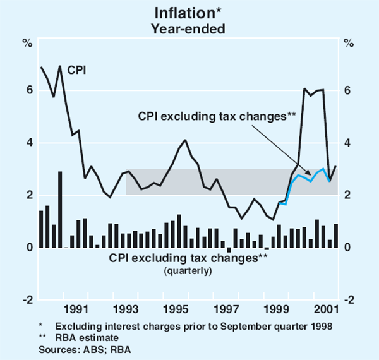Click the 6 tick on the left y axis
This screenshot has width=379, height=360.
pos(29,90)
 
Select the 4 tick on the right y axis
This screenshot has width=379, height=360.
pos(347,143)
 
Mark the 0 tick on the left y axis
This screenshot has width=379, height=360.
pos(29,248)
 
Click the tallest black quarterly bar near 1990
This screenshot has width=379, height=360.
pos(60,208)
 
